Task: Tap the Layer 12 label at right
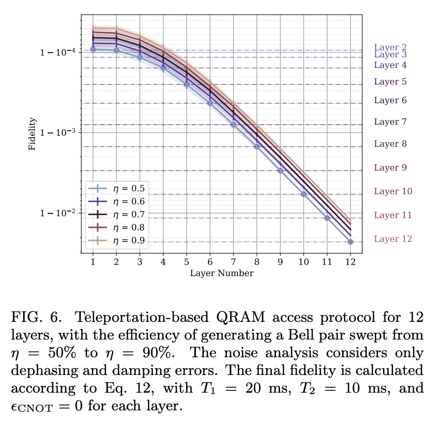[393, 239]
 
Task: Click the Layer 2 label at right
[390, 47]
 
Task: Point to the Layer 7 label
[390, 122]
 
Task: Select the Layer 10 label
[393, 191]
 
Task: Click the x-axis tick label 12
[350, 262]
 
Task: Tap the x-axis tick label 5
[186, 262]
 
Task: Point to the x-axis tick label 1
[93, 262]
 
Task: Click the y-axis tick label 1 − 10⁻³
[58, 133]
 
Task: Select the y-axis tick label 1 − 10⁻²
[58, 213]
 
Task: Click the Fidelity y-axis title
[32, 134]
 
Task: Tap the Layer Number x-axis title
[221, 273]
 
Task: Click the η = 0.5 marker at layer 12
[350, 242]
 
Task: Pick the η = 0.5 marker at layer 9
[280, 171]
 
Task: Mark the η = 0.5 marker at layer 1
[93, 49]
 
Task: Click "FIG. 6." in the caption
[30, 318]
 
